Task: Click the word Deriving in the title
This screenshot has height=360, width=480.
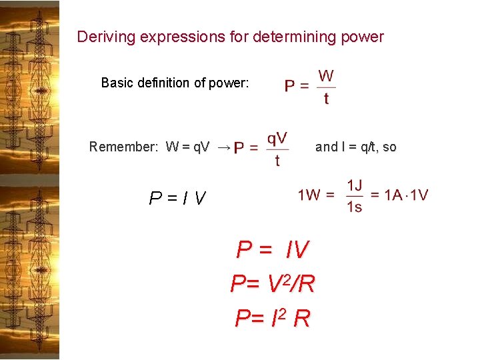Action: coord(101,37)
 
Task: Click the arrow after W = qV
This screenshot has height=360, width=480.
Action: coord(224,147)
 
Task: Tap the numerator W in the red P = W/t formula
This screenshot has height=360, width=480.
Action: coord(326,76)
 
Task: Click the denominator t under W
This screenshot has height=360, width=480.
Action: coord(326,99)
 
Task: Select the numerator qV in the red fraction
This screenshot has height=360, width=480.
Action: coord(277,138)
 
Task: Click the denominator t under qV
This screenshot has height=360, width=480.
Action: coord(277,161)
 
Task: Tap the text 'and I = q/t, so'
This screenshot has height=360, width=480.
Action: coord(355,147)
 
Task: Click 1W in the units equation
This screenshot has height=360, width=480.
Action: coord(310,195)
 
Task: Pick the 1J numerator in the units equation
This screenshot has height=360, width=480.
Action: coord(355,185)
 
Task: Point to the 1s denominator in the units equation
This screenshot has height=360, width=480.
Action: coord(355,207)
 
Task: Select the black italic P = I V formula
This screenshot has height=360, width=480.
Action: coord(178,198)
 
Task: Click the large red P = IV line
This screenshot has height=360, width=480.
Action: coord(273,250)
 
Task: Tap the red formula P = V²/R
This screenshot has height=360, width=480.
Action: coord(273,284)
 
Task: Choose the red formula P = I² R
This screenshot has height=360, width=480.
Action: coord(273,318)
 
